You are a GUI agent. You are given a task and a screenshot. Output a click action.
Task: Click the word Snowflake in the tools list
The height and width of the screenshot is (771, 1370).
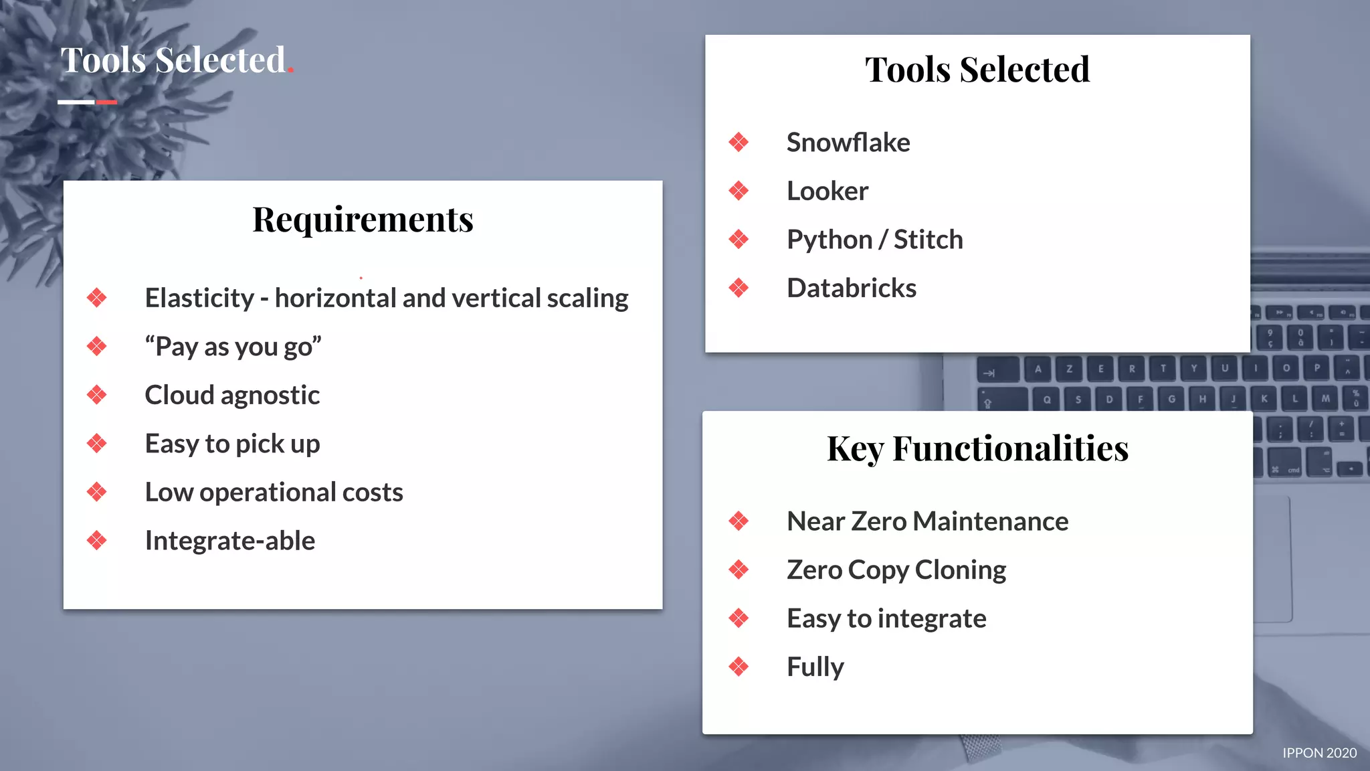point(848,143)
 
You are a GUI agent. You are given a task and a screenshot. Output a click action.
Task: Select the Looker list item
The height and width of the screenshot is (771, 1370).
point(827,191)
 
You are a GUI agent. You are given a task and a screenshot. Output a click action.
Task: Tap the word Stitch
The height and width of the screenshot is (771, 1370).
point(928,240)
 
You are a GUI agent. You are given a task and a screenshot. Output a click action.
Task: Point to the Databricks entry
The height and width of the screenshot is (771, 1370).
point(851,288)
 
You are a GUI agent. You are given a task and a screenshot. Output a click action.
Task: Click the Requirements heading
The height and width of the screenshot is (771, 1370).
point(363,220)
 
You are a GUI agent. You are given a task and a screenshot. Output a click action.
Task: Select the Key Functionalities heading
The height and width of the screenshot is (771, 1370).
point(977,448)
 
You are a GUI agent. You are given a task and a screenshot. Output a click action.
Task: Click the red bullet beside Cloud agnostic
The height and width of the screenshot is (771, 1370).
point(97,395)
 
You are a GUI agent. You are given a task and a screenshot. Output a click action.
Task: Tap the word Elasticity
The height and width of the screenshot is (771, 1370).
point(199,298)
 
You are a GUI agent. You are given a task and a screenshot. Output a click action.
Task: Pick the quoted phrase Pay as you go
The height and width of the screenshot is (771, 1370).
point(233,347)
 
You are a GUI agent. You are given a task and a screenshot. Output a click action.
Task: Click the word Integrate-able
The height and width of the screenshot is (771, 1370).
point(229,541)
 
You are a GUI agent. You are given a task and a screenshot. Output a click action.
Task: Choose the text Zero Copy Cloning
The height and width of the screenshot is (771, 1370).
point(896,570)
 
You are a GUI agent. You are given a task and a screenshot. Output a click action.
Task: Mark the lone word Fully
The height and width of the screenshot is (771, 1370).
point(815,667)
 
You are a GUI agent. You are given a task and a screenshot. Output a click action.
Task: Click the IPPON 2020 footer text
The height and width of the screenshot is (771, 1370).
point(1319,753)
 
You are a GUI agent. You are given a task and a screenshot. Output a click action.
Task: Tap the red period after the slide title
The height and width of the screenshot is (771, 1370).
point(291,70)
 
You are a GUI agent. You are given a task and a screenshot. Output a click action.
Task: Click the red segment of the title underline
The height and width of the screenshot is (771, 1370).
point(106,102)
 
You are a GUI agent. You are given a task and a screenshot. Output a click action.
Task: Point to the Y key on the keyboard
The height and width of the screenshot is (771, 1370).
point(1193,368)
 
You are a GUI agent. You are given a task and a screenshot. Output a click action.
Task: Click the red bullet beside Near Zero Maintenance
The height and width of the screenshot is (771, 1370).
point(739,521)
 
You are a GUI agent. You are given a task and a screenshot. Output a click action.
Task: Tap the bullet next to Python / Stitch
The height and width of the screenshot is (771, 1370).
point(739,240)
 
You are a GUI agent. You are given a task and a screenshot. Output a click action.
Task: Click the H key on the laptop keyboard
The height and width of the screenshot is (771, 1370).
point(1202,399)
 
